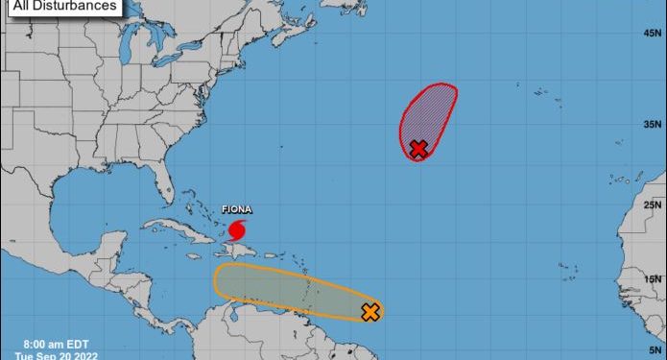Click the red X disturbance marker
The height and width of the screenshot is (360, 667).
(418, 149)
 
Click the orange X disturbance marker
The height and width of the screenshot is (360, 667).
(370, 311)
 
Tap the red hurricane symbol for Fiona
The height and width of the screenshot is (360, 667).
(237, 230)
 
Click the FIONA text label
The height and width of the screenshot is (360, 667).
(237, 209)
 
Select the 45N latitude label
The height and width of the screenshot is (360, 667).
(654, 33)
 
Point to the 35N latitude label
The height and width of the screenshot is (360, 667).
(654, 124)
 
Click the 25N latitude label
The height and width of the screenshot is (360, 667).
(654, 205)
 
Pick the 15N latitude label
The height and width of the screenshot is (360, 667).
(654, 279)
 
